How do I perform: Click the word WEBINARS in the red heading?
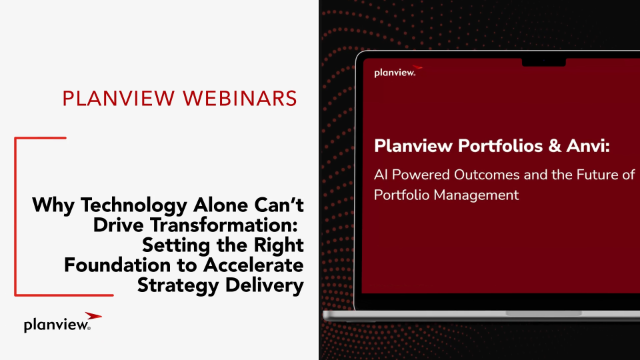(x=240, y=99)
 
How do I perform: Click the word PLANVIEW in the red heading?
(x=118, y=99)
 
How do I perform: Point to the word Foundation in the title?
(x=117, y=265)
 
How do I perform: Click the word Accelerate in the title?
(x=253, y=265)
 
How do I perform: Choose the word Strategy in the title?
(x=178, y=286)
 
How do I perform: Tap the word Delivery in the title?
(x=264, y=286)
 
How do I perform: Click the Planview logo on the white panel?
(x=62, y=322)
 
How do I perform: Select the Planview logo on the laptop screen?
(x=398, y=71)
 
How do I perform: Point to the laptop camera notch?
(x=544, y=62)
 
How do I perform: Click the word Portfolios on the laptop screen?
(x=500, y=146)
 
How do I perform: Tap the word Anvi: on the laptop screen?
(x=588, y=146)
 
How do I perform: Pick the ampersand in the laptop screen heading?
(x=554, y=146)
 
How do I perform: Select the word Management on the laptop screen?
(x=476, y=196)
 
